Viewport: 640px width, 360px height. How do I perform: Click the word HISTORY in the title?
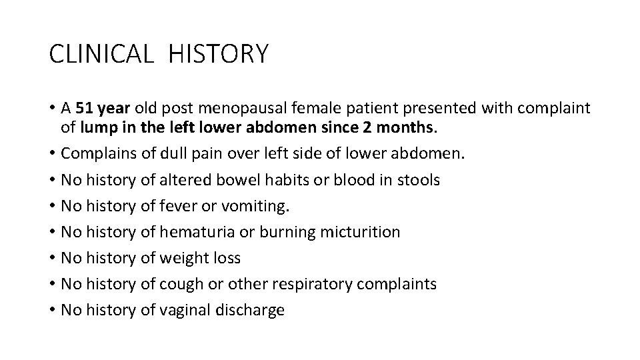point(219,53)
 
